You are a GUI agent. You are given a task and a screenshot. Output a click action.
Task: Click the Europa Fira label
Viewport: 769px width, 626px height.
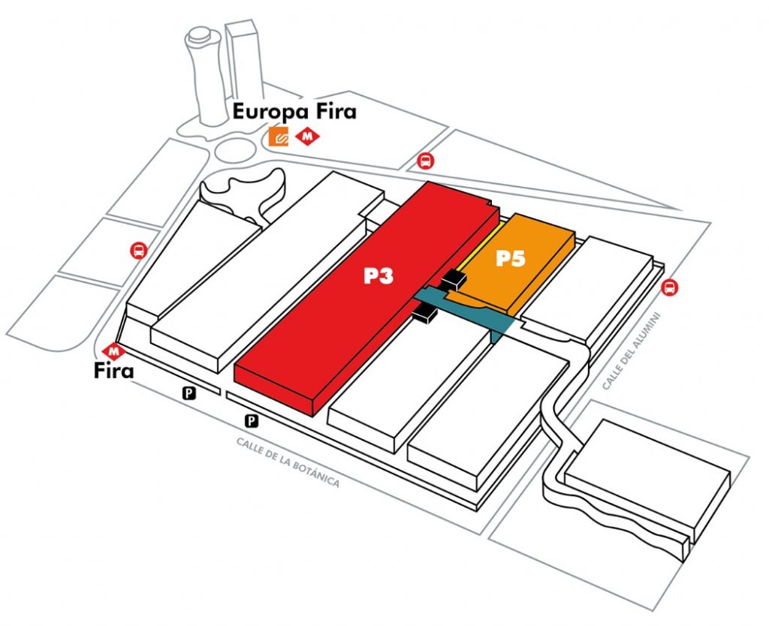[294, 113]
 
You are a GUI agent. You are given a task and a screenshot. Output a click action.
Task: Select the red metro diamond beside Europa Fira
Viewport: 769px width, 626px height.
[307, 137]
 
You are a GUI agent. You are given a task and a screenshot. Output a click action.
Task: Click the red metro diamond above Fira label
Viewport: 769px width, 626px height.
[115, 350]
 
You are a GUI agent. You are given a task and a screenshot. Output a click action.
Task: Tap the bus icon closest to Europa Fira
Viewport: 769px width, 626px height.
[425, 160]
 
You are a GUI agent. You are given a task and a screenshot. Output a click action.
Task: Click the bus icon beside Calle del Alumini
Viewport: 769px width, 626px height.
[669, 287]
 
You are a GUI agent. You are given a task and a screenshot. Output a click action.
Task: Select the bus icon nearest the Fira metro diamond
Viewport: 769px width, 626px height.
[137, 251]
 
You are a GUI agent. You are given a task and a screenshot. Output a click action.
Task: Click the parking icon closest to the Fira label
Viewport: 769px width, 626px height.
[191, 392]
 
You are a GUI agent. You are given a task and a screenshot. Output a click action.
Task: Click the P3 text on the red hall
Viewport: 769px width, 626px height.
[379, 275]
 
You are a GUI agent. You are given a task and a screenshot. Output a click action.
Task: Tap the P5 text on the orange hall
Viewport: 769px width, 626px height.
[511, 259]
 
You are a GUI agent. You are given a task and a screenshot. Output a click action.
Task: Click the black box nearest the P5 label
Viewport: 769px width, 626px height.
[454, 280]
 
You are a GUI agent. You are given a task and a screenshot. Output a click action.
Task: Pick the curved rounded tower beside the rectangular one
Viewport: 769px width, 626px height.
[204, 75]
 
